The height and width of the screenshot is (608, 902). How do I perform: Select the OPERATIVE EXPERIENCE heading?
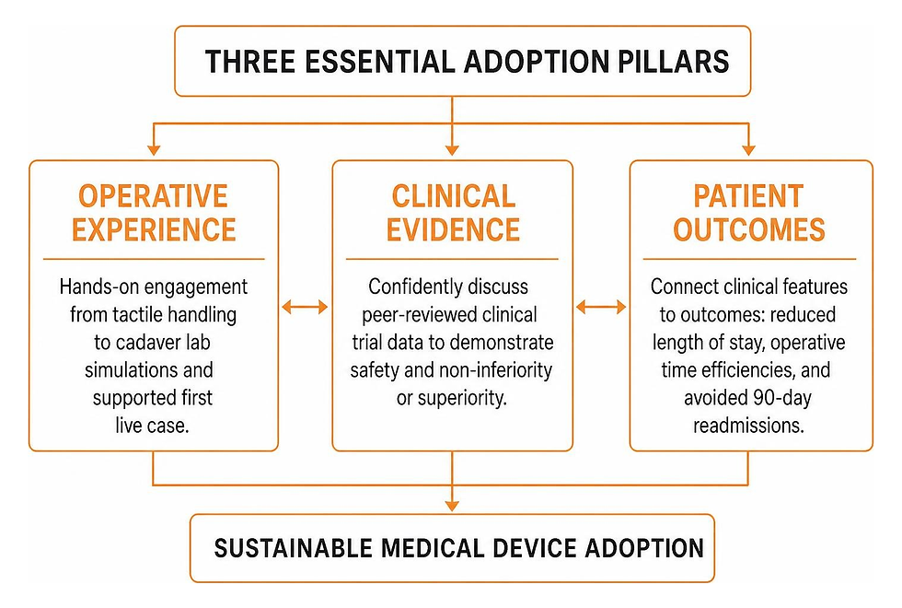click(154, 213)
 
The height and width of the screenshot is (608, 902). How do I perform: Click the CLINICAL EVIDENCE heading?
click(453, 213)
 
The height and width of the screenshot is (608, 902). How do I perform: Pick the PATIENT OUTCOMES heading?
click(749, 213)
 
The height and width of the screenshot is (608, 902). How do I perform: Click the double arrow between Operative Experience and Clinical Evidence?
click(305, 307)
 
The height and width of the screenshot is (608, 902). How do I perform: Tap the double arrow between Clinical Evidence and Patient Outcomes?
click(601, 307)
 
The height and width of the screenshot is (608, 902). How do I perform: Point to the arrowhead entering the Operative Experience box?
click(154, 150)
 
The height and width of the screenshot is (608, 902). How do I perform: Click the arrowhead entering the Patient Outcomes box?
click(748, 150)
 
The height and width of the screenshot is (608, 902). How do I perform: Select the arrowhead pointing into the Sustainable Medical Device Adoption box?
click(452, 506)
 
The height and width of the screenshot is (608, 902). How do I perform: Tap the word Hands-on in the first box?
click(98, 286)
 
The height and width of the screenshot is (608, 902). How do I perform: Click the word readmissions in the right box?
click(748, 426)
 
